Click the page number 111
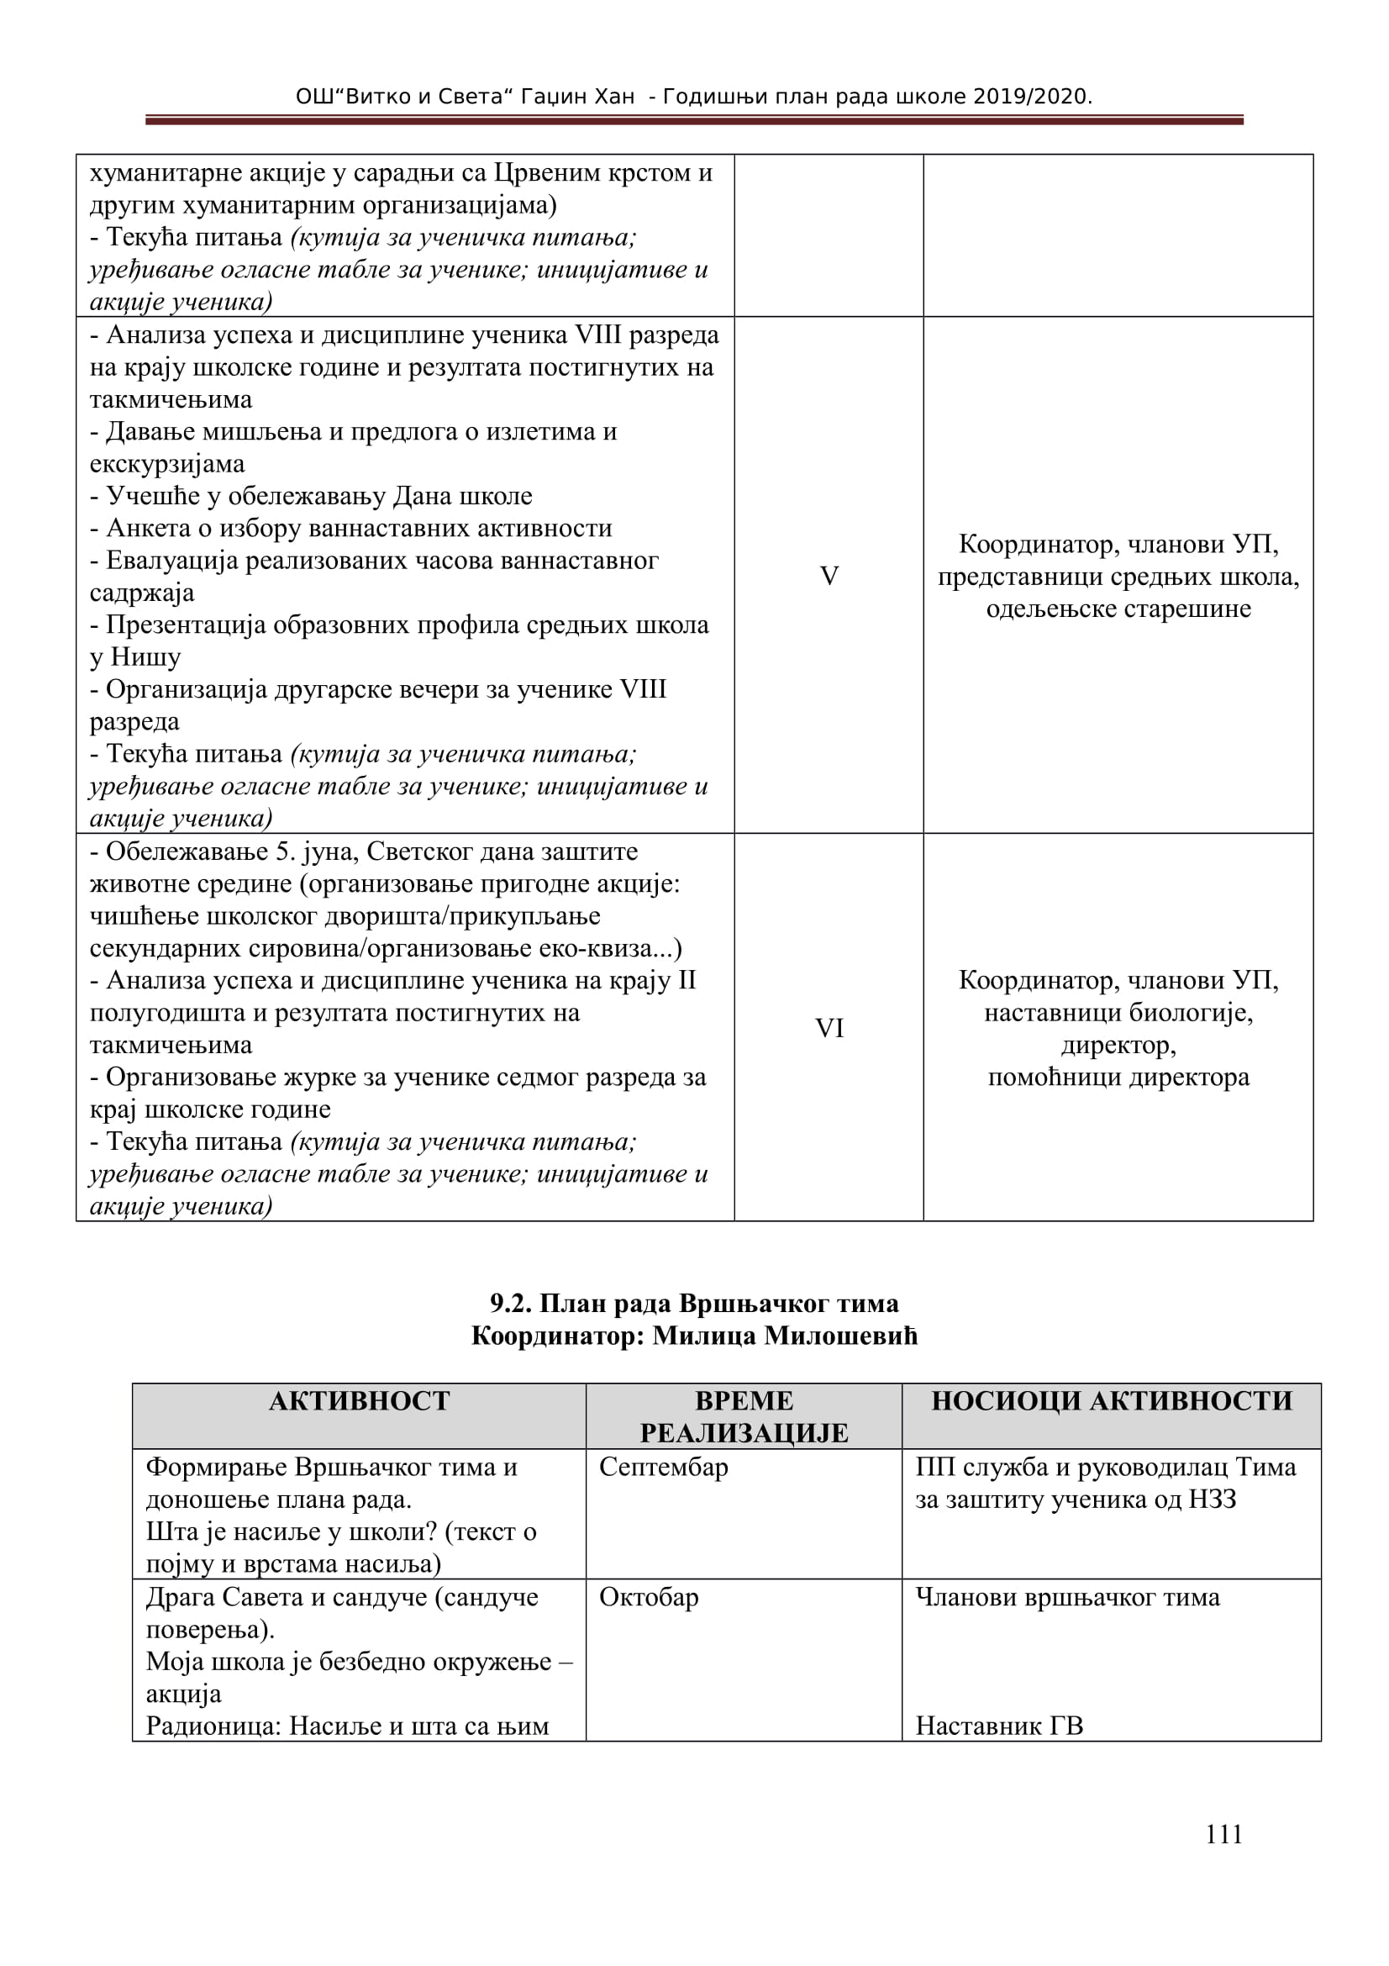click(x=1223, y=1834)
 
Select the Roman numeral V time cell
click(x=829, y=576)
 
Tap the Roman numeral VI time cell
click(x=829, y=1027)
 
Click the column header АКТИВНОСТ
click(x=359, y=1400)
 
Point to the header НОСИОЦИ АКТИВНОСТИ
click(x=1111, y=1400)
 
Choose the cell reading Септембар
click(x=663, y=1467)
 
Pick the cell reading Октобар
click(x=649, y=1597)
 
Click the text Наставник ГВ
click(x=999, y=1726)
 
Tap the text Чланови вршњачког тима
click(x=1067, y=1597)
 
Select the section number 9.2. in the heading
click(x=511, y=1304)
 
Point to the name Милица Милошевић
click(x=785, y=1336)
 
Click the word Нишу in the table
click(x=145, y=657)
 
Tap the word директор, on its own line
click(x=1118, y=1045)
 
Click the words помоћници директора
click(x=1118, y=1078)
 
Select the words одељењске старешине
click(x=1118, y=609)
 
